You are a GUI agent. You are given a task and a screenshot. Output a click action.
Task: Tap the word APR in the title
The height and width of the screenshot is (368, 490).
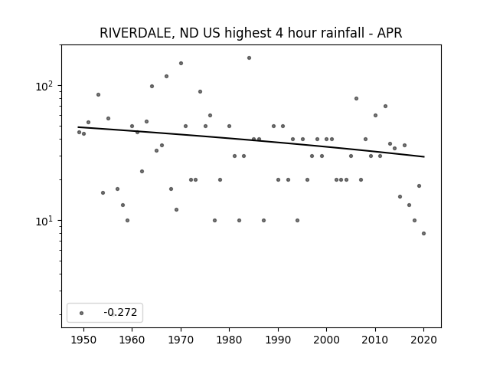point(390,33)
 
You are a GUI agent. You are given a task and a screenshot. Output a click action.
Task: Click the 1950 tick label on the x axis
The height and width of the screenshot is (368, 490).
point(83,340)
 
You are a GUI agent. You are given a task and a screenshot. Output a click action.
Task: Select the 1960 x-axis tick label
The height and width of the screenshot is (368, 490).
point(132,340)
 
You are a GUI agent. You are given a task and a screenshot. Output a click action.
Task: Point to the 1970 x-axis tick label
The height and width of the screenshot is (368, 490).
point(181,340)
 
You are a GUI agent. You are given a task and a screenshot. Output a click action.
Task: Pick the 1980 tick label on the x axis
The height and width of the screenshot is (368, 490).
point(229,340)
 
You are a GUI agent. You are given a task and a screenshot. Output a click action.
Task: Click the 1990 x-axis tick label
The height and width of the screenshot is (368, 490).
point(278,340)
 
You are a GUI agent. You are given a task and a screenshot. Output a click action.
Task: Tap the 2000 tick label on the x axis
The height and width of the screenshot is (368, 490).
point(327,340)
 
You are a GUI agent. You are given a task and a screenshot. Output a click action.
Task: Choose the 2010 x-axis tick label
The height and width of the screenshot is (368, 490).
point(375,340)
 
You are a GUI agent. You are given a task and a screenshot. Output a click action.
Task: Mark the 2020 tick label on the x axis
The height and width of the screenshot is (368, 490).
point(423,340)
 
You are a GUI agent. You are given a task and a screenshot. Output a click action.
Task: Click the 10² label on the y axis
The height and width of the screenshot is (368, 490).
point(45,86)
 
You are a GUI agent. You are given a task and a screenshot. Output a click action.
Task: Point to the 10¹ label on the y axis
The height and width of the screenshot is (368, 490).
point(45,221)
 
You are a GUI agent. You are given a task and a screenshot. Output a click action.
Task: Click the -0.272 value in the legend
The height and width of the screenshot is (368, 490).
point(120,312)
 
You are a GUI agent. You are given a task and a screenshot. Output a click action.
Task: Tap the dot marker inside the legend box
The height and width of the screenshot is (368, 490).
point(81,313)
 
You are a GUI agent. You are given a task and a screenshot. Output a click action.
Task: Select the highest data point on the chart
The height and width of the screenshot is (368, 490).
point(249,58)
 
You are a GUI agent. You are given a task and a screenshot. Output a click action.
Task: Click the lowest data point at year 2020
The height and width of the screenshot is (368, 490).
point(423,233)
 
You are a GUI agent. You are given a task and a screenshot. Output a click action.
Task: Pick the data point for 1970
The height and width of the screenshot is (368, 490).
point(181,63)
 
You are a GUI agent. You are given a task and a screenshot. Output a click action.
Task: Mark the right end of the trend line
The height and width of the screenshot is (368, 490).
point(424,156)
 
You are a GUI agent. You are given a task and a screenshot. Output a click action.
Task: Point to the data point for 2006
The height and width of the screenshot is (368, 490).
point(356,99)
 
